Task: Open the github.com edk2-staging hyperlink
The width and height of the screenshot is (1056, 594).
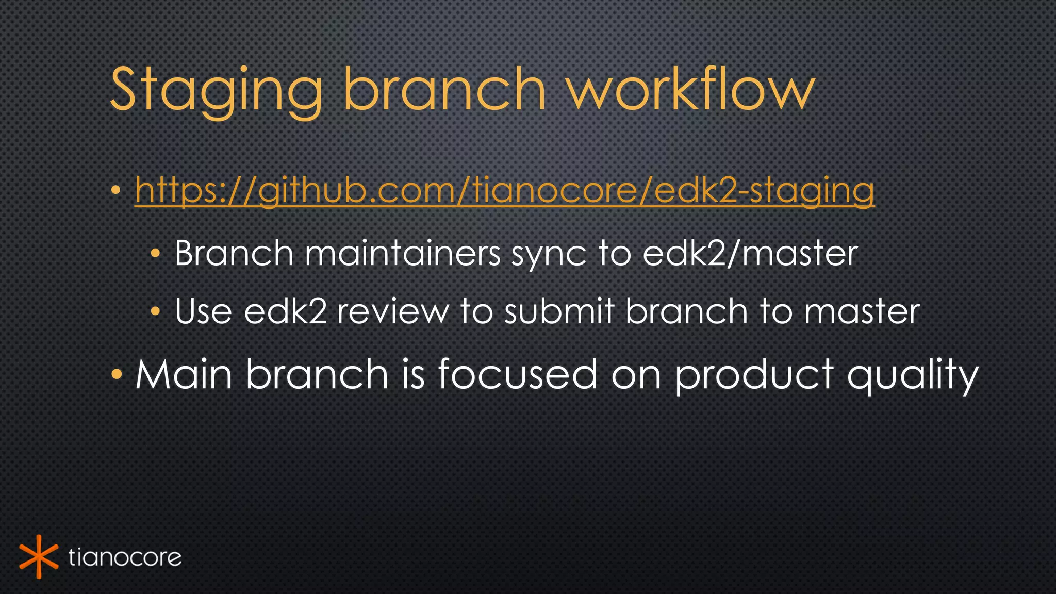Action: pos(504,191)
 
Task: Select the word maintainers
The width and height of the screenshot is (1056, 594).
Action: pos(402,254)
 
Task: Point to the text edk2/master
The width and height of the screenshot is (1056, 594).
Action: pos(750,254)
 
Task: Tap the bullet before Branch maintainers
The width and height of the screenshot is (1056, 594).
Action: pos(156,254)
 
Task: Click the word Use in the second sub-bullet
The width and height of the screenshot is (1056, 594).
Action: pos(203,312)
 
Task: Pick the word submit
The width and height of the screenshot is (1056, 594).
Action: pos(559,312)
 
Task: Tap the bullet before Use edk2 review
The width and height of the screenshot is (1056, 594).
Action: pos(156,311)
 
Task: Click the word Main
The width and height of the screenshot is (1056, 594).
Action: pos(184,374)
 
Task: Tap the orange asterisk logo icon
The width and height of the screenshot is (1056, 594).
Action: pos(38,557)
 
